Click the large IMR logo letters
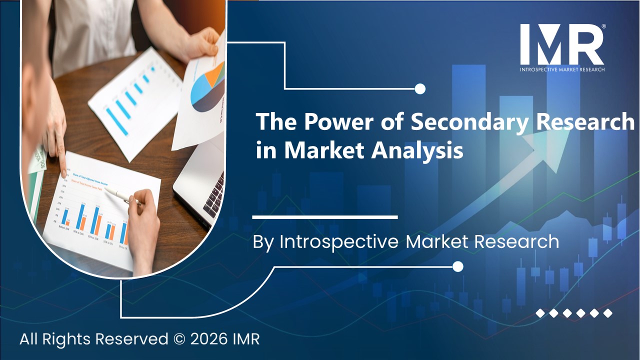[561, 44]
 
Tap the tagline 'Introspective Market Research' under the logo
[562, 69]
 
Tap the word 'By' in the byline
[263, 242]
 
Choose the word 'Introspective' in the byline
[339, 242]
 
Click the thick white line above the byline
[325, 217]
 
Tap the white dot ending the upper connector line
[420, 89]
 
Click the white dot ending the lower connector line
[457, 266]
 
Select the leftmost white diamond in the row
[540, 313]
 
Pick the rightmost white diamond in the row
[607, 313]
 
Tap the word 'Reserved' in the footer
[132, 339]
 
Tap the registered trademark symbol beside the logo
[604, 26]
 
